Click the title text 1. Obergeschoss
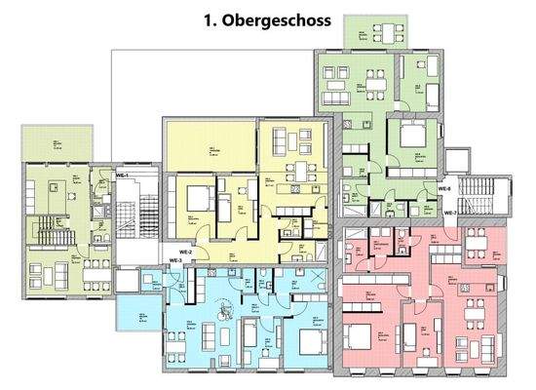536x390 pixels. coord(267,19)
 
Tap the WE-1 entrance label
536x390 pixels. coord(123,174)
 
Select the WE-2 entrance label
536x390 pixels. coord(172,251)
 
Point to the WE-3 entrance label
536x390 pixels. coord(176,261)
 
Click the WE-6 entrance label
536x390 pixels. coord(444,188)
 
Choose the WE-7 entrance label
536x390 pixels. coord(450,213)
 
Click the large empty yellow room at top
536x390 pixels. coord(210,146)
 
